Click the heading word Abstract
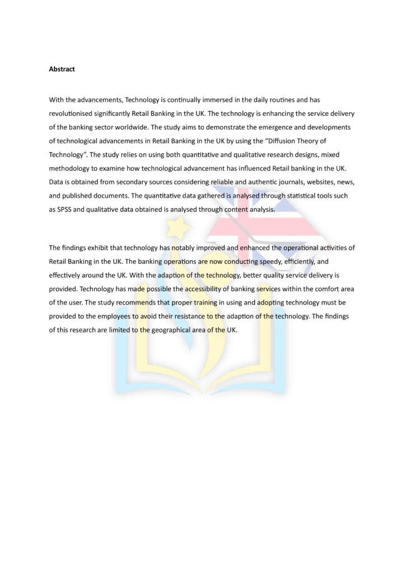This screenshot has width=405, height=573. [62, 69]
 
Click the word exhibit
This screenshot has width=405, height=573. [98, 247]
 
